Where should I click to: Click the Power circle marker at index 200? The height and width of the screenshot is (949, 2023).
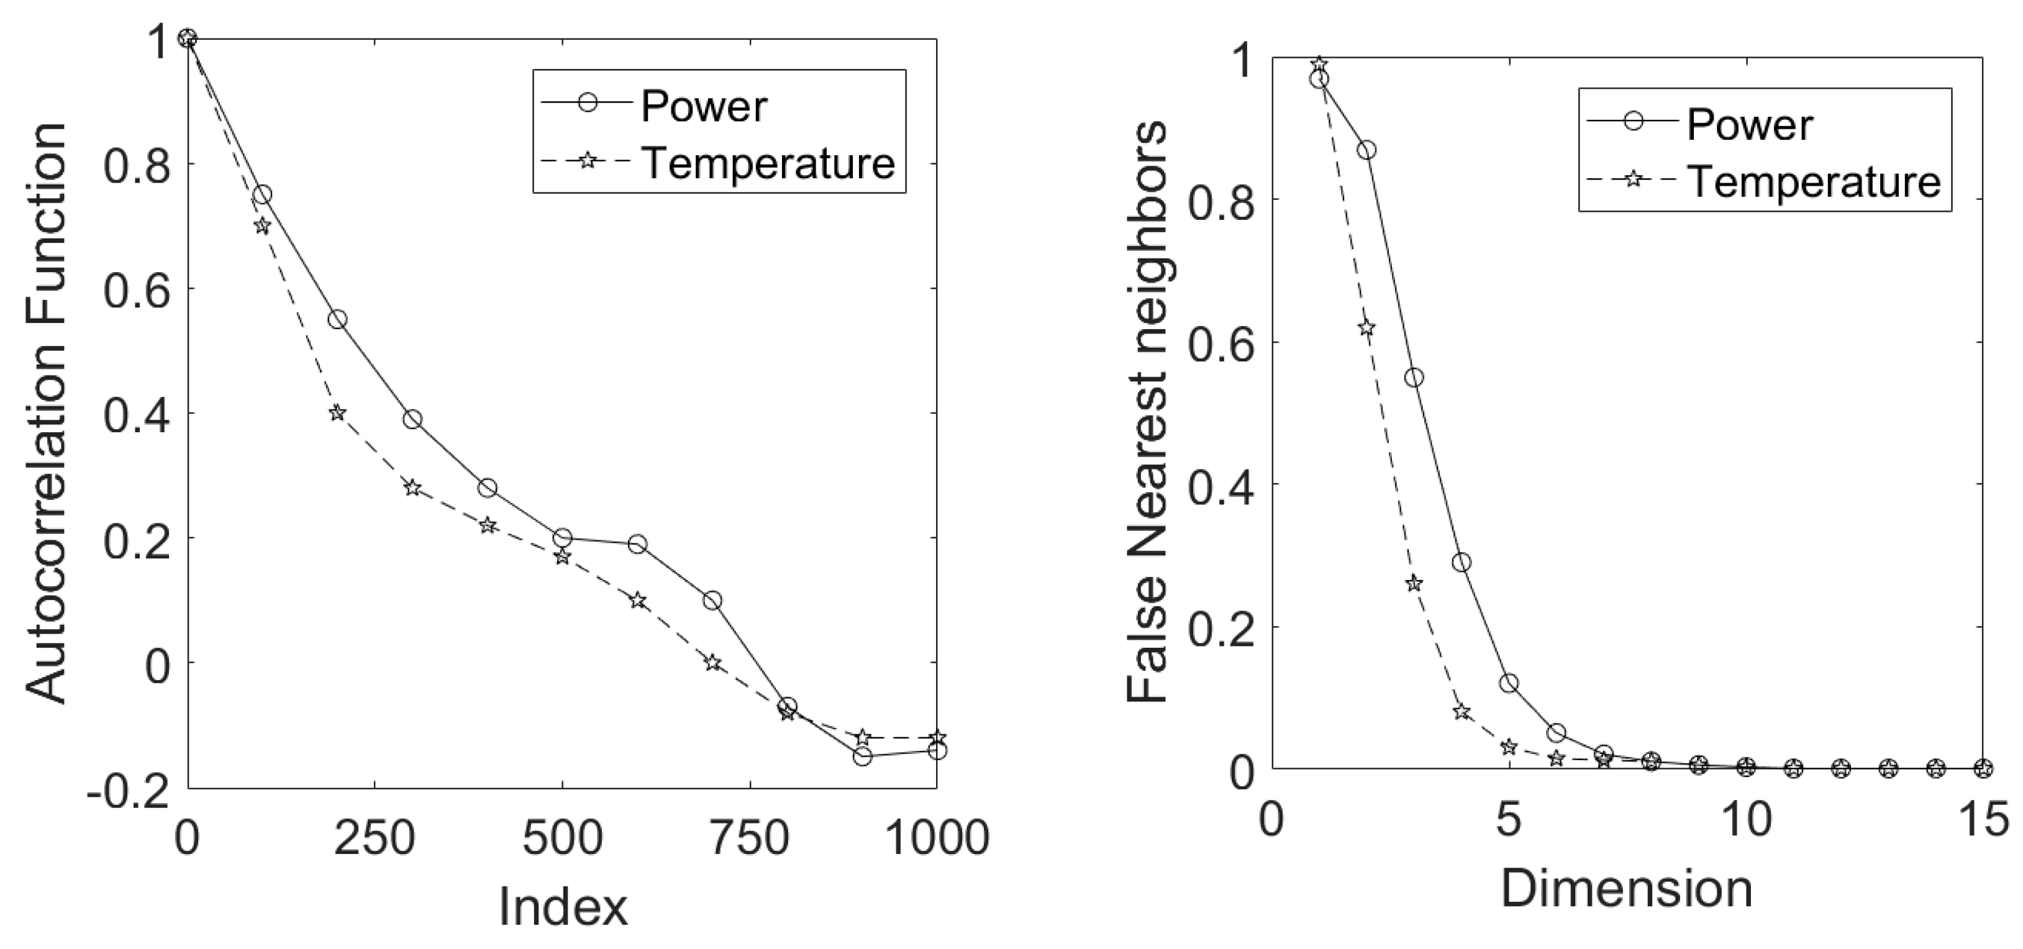click(x=337, y=319)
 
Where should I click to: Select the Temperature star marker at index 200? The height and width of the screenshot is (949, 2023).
click(x=337, y=413)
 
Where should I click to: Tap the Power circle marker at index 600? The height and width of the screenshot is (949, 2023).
click(x=638, y=544)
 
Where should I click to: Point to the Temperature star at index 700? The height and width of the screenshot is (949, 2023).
click(x=712, y=663)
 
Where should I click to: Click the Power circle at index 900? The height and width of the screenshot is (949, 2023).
click(x=862, y=756)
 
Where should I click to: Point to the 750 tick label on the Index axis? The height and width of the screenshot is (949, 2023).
click(x=750, y=838)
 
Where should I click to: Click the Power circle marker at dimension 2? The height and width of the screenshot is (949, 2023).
click(x=1366, y=150)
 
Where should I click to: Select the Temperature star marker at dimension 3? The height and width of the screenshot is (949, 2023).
click(x=1414, y=583)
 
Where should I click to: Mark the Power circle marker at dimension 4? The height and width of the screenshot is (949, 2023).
click(x=1462, y=562)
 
